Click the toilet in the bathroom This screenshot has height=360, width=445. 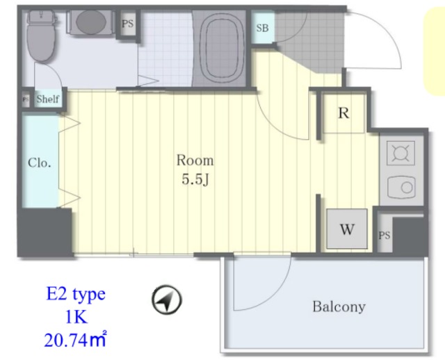(41, 35)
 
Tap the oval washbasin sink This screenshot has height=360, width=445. (91, 22)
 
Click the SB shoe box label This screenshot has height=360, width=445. (262, 28)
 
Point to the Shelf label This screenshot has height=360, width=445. (48, 99)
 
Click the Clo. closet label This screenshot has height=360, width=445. (39, 163)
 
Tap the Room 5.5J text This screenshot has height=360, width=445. (195, 170)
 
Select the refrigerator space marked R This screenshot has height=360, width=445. (343, 113)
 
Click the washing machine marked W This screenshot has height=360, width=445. (347, 229)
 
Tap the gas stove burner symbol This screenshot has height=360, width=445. (400, 153)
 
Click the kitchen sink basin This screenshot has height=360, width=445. (401, 187)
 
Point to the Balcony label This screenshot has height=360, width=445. (339, 306)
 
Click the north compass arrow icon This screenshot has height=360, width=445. (167, 300)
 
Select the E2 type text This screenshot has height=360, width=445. (76, 294)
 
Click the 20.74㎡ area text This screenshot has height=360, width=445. (75, 339)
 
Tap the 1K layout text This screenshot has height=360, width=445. (76, 317)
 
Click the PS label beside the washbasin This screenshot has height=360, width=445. (127, 24)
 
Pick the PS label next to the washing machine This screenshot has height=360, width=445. (385, 236)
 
